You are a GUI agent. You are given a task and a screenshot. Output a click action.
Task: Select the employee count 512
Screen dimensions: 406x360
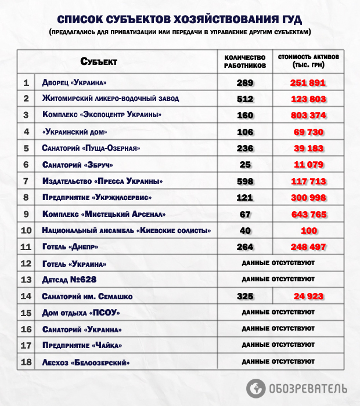(x=245, y=99)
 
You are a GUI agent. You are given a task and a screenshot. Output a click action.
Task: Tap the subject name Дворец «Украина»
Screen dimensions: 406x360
(x=74, y=82)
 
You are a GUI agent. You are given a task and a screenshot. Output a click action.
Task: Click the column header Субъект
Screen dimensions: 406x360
(x=99, y=61)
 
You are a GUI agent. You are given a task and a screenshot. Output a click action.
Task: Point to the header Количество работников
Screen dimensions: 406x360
(x=245, y=61)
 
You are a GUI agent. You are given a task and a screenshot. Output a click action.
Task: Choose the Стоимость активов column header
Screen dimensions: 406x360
(x=308, y=61)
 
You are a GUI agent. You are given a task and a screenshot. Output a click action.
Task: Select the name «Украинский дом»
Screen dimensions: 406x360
(x=75, y=132)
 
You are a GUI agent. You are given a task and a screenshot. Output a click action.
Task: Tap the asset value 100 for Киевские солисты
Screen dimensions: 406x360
(x=308, y=231)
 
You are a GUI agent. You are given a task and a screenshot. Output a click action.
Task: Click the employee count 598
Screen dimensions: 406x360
(x=245, y=182)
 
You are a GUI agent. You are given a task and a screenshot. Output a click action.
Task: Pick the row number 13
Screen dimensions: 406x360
(x=26, y=280)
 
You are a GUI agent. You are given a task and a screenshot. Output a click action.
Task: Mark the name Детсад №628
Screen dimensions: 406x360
(x=69, y=280)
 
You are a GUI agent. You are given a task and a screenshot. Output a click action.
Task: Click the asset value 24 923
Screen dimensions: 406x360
(x=308, y=296)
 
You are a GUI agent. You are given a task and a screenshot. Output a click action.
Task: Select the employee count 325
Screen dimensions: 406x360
(x=245, y=296)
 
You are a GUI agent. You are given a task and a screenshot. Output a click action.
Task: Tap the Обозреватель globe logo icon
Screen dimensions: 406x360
(x=255, y=387)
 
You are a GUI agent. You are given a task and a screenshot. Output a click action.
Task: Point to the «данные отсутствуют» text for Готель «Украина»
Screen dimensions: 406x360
(x=278, y=263)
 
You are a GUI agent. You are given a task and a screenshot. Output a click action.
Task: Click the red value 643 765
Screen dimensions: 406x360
(x=308, y=215)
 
